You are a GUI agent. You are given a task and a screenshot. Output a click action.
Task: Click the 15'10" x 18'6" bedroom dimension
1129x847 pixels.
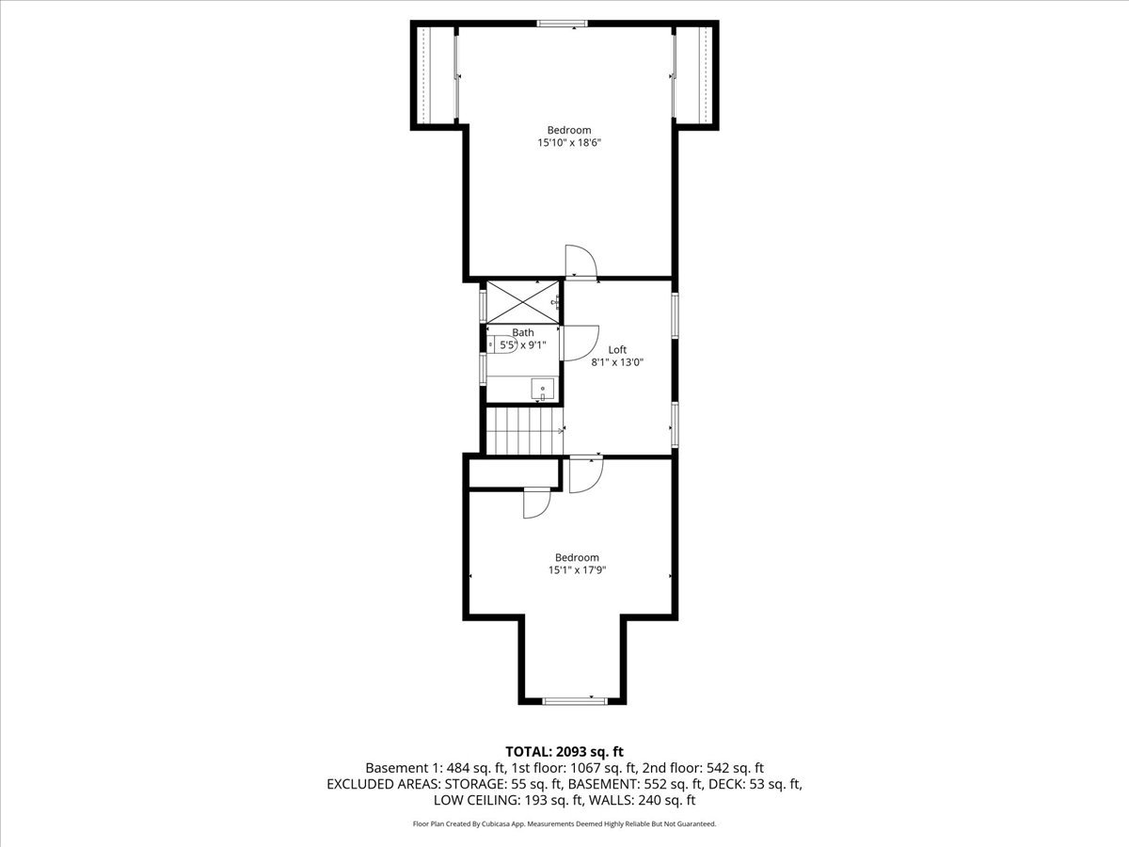[x=569, y=143]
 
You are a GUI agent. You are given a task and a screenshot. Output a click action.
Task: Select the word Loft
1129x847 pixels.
[x=617, y=349]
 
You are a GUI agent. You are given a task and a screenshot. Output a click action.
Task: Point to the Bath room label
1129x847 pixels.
[x=523, y=332]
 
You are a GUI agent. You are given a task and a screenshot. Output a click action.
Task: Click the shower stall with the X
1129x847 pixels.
[x=519, y=301]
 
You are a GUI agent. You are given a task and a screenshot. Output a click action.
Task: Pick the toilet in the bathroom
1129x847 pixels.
[x=496, y=345]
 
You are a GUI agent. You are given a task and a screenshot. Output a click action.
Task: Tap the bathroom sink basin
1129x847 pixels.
[x=542, y=388]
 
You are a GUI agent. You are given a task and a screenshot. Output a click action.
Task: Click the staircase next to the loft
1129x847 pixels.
[x=523, y=429]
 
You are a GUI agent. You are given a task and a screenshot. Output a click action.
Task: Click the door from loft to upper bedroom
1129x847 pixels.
[x=580, y=262]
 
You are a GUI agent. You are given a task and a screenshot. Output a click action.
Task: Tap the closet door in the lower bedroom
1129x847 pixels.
[x=536, y=503]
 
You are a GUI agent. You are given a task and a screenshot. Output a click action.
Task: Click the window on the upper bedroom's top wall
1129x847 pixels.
[x=563, y=24]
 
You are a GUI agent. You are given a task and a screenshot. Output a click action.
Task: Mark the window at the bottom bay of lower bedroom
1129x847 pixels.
[x=571, y=700]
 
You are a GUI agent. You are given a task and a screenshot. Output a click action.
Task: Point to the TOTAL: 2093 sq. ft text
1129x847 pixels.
[x=564, y=751]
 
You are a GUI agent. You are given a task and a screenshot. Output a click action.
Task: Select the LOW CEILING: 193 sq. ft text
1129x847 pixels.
[x=500, y=800]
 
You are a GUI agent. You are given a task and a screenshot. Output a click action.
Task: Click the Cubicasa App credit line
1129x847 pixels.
[x=564, y=823]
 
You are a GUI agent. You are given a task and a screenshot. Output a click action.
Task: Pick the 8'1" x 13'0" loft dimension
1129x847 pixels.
[x=617, y=362]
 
